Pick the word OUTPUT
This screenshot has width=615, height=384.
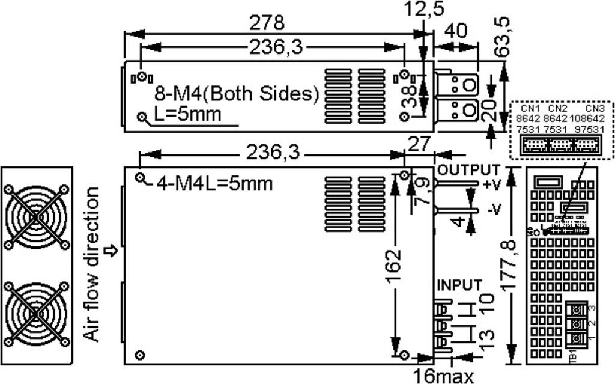[468, 169]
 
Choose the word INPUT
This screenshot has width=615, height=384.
[459, 284]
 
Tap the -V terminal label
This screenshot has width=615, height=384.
[494, 209]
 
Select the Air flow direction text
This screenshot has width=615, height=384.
[91, 264]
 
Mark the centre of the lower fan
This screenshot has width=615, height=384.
[36, 313]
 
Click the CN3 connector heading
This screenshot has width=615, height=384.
[595, 108]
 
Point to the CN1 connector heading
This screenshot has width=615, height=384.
[530, 108]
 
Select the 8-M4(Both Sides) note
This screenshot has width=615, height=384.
[236, 94]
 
